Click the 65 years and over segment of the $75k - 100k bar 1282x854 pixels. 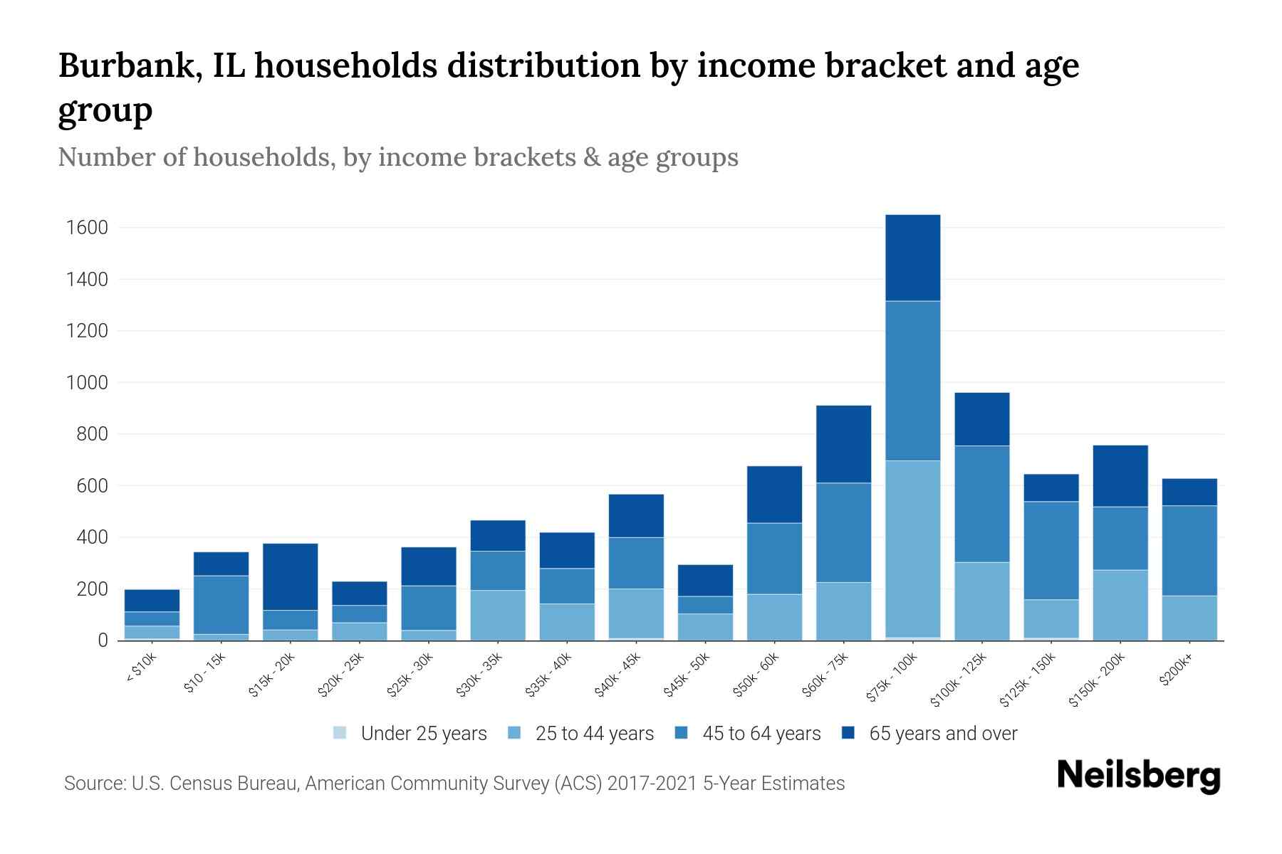[912, 258]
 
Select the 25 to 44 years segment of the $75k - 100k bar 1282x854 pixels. [912, 549]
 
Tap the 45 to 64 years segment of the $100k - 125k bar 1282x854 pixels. [981, 504]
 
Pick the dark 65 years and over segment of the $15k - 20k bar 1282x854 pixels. [290, 576]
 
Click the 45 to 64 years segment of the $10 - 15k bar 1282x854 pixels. [221, 604]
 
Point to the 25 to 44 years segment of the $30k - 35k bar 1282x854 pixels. [498, 615]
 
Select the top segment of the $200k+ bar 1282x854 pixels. [1189, 492]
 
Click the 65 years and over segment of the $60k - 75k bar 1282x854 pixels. [843, 444]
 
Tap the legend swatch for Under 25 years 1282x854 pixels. [340, 733]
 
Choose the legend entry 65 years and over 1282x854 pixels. [942, 734]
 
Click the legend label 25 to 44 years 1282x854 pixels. [594, 734]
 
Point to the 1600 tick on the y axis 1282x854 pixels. [87, 228]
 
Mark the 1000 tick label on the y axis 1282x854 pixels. [87, 383]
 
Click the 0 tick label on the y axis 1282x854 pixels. [103, 640]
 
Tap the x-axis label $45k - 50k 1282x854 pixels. [686, 675]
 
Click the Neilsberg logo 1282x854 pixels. [1138, 776]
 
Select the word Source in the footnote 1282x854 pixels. [93, 784]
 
